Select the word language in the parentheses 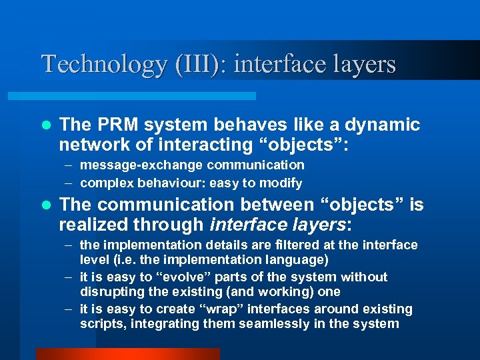(x=291, y=259)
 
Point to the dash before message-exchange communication (x=69, y=165)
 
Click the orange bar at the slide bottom (x=127, y=353)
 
